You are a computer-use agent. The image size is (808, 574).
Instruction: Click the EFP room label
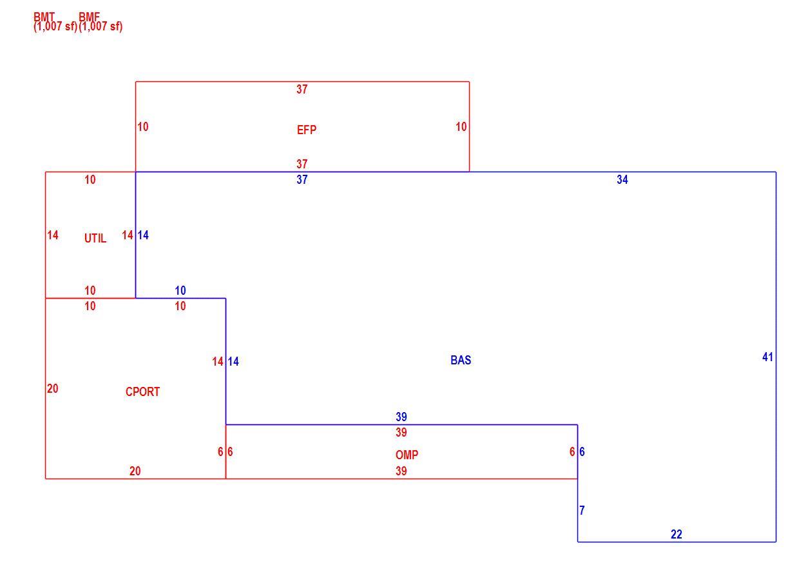coord(306,130)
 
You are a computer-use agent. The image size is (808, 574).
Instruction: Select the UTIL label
coord(95,238)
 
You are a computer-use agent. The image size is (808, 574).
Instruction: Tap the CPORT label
coord(142,391)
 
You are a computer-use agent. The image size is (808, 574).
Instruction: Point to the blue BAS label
coord(461,360)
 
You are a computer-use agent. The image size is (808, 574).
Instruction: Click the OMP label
coord(407,455)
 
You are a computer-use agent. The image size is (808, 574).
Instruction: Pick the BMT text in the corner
coord(44,17)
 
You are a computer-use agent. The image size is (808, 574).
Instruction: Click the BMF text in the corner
coord(89,17)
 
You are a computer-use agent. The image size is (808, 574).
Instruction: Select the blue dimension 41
coord(767,357)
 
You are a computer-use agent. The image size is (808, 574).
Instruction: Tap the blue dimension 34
coord(622,180)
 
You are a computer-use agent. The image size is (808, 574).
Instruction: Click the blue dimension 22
coord(677,534)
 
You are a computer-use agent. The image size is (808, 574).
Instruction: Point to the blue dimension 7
coord(582,510)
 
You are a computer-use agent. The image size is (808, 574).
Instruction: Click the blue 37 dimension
coord(302,180)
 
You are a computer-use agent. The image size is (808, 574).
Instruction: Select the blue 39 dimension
coord(401,417)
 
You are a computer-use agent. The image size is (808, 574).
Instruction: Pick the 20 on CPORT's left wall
coord(52,389)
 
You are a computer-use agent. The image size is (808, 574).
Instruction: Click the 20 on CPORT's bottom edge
coord(135,471)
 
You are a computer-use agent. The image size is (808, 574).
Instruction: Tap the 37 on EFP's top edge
coord(302,89)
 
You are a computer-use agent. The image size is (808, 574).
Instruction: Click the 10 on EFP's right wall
coord(461,126)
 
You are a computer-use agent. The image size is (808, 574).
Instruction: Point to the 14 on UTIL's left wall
coord(52,235)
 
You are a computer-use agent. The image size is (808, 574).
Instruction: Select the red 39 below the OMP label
coord(401,471)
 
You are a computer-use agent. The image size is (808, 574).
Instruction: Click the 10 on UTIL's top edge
coord(90,180)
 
